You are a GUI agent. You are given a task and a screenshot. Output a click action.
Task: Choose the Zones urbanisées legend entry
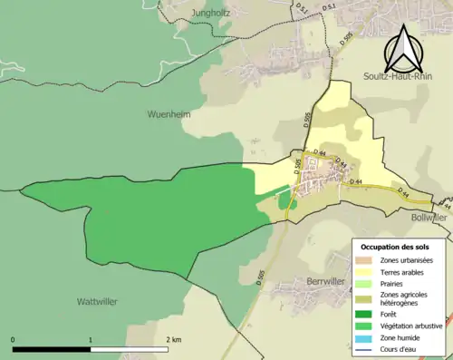408,260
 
